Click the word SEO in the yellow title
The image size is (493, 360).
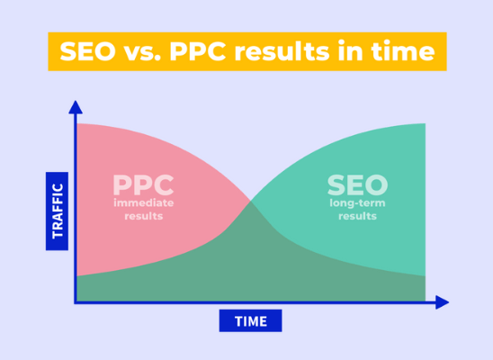coord(88,51)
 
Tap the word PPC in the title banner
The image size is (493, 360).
coord(198,51)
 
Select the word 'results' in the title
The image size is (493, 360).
coord(282,51)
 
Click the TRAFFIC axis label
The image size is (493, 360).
coord(57,211)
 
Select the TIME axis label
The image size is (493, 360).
coord(251,321)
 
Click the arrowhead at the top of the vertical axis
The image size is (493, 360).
coord(76,107)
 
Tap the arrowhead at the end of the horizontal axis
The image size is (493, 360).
coord(442,302)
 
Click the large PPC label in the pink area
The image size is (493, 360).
coord(143,184)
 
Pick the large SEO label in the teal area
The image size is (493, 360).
coord(357,184)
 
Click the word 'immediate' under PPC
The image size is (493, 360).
coord(144,202)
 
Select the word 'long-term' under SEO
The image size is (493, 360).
coord(357,203)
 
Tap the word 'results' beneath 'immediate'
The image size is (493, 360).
coord(144,216)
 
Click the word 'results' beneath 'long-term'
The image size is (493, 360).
coord(357,216)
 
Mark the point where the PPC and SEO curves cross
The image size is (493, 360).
coord(251,201)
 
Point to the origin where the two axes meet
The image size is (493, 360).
coord(76,302)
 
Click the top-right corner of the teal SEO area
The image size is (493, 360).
coord(426,123)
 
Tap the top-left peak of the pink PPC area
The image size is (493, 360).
coord(77,123)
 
